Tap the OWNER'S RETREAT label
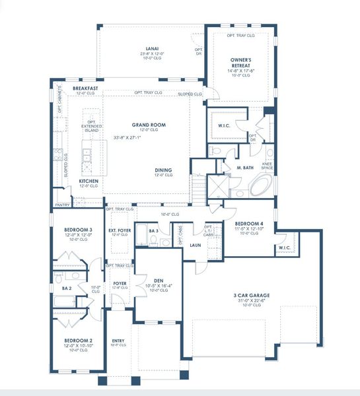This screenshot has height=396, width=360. click(x=238, y=61)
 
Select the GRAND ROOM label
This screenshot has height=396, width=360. click(x=148, y=124)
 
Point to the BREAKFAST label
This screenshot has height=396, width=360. click(x=86, y=88)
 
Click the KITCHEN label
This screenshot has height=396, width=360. click(x=89, y=180)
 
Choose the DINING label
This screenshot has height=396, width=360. click(x=164, y=169)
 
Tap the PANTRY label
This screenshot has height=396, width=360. click(x=62, y=205)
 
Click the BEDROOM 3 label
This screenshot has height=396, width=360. click(x=77, y=229)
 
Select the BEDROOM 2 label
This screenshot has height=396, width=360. click(x=77, y=341)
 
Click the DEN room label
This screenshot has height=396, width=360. click(x=158, y=279)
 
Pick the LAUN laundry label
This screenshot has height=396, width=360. click(x=195, y=244)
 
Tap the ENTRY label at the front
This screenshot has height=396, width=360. click(x=118, y=341)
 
